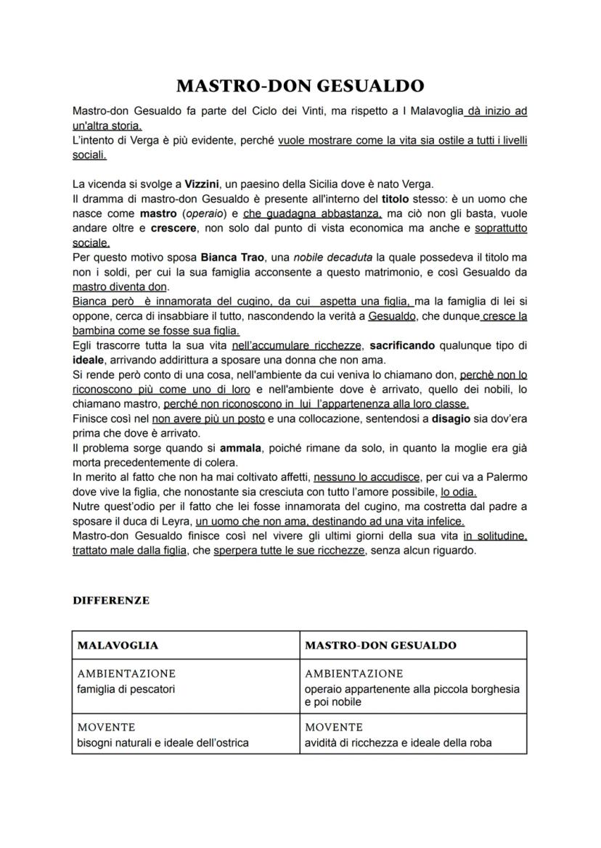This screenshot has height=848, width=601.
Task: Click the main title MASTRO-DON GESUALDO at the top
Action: (300, 86)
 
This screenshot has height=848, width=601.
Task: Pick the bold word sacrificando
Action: (406, 345)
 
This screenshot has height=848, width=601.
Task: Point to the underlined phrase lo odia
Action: (458, 491)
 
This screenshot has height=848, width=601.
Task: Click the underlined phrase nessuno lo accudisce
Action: (367, 477)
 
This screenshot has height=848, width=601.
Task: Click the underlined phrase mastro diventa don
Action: (120, 287)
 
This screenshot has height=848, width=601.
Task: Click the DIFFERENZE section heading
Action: (111, 601)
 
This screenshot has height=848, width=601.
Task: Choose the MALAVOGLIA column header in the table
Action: (118, 645)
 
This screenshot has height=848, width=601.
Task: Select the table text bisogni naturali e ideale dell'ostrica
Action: (163, 742)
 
